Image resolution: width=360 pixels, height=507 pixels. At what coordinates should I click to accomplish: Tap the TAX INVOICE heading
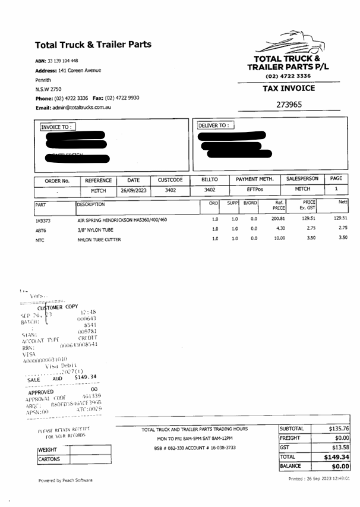point(289,89)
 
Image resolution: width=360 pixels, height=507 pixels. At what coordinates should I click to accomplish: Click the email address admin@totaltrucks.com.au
point(73,108)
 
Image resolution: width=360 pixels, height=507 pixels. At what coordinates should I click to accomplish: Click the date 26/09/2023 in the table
point(133,191)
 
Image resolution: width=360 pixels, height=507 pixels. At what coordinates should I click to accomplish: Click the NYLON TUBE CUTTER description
point(99,240)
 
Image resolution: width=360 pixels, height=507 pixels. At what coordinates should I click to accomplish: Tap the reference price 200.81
point(278,219)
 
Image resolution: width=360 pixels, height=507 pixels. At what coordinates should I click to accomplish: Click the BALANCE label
point(290,467)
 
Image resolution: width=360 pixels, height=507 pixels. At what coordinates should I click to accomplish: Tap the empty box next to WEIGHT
point(90,450)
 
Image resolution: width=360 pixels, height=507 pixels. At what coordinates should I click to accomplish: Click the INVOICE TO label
point(57,127)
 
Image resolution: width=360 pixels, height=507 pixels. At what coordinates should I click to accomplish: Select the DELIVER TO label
point(216,125)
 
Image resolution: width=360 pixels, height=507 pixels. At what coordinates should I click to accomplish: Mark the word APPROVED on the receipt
point(41,392)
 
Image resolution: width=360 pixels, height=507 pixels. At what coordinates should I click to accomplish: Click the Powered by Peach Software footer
point(65,480)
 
